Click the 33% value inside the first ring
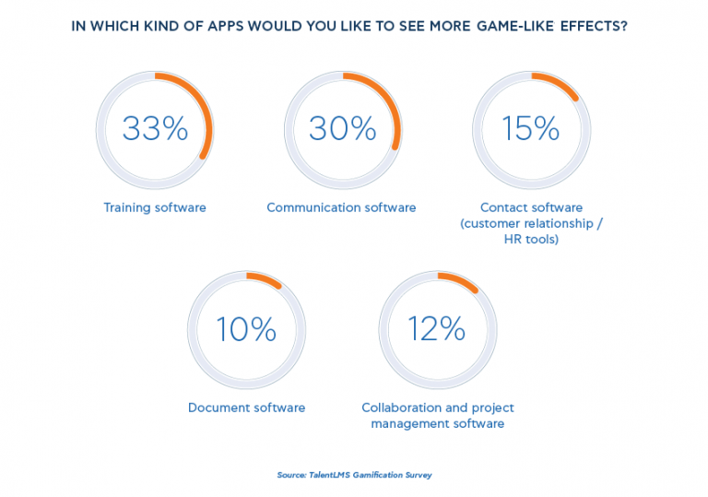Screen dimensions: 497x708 [155, 129]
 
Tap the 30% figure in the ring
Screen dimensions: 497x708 [342, 129]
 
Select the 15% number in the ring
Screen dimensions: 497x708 [530, 129]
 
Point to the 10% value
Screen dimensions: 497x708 [246, 329]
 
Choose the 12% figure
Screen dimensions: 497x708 [437, 329]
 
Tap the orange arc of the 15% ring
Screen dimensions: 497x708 [559, 86]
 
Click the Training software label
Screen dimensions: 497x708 [155, 207]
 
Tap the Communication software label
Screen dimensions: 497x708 [341, 207]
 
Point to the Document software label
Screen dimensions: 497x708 [246, 408]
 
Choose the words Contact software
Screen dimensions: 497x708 [531, 207]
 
